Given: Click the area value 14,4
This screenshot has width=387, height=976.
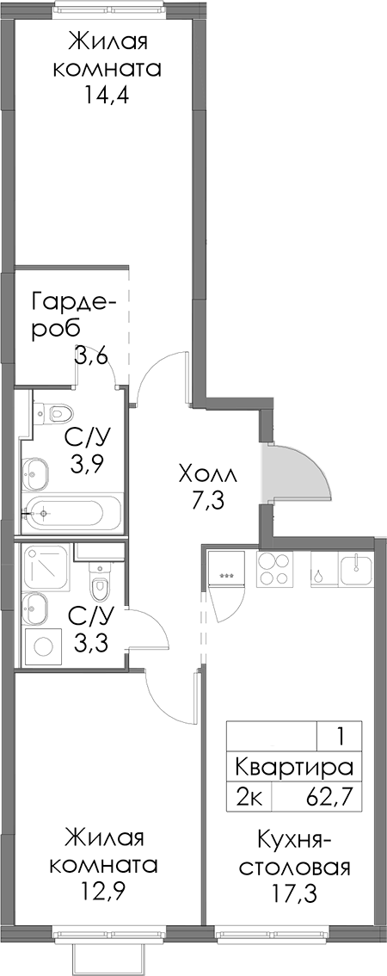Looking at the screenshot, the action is pos(107,96).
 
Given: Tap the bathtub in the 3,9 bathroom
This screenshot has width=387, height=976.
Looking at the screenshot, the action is pos(72,514).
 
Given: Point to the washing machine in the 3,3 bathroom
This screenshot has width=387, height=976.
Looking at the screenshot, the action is pos(43,646).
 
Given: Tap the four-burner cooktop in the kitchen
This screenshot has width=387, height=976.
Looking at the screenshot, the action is pos(274,568).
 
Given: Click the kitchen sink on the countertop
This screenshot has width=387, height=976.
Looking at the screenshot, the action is pos(357,568).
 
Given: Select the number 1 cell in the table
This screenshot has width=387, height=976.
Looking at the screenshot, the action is pos(340,735).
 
